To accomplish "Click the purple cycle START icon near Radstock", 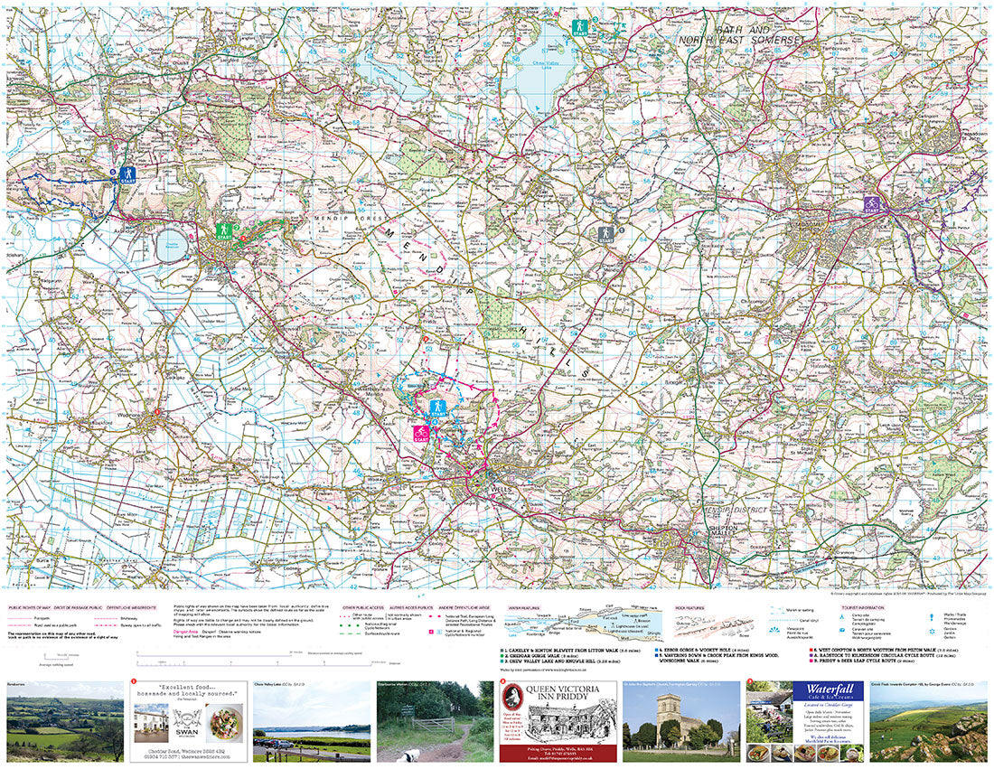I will [x=871, y=204].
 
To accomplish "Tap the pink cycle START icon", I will [x=420, y=434].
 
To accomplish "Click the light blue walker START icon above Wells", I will [x=437, y=408].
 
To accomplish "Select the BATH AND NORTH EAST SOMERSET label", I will [x=757, y=35].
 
